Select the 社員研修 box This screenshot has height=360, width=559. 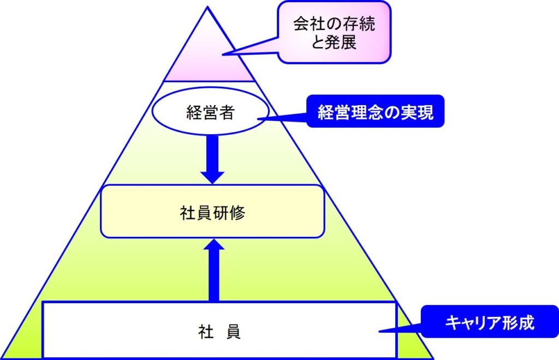tap(212, 211)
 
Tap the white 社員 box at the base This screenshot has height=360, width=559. tap(219, 329)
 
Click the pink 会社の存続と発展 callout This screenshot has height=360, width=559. tap(334, 32)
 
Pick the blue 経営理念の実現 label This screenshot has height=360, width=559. tap(375, 112)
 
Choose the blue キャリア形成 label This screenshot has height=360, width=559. tap(489, 322)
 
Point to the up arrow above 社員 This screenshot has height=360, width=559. tap(213, 270)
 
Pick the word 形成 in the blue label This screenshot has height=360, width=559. tap(518, 323)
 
